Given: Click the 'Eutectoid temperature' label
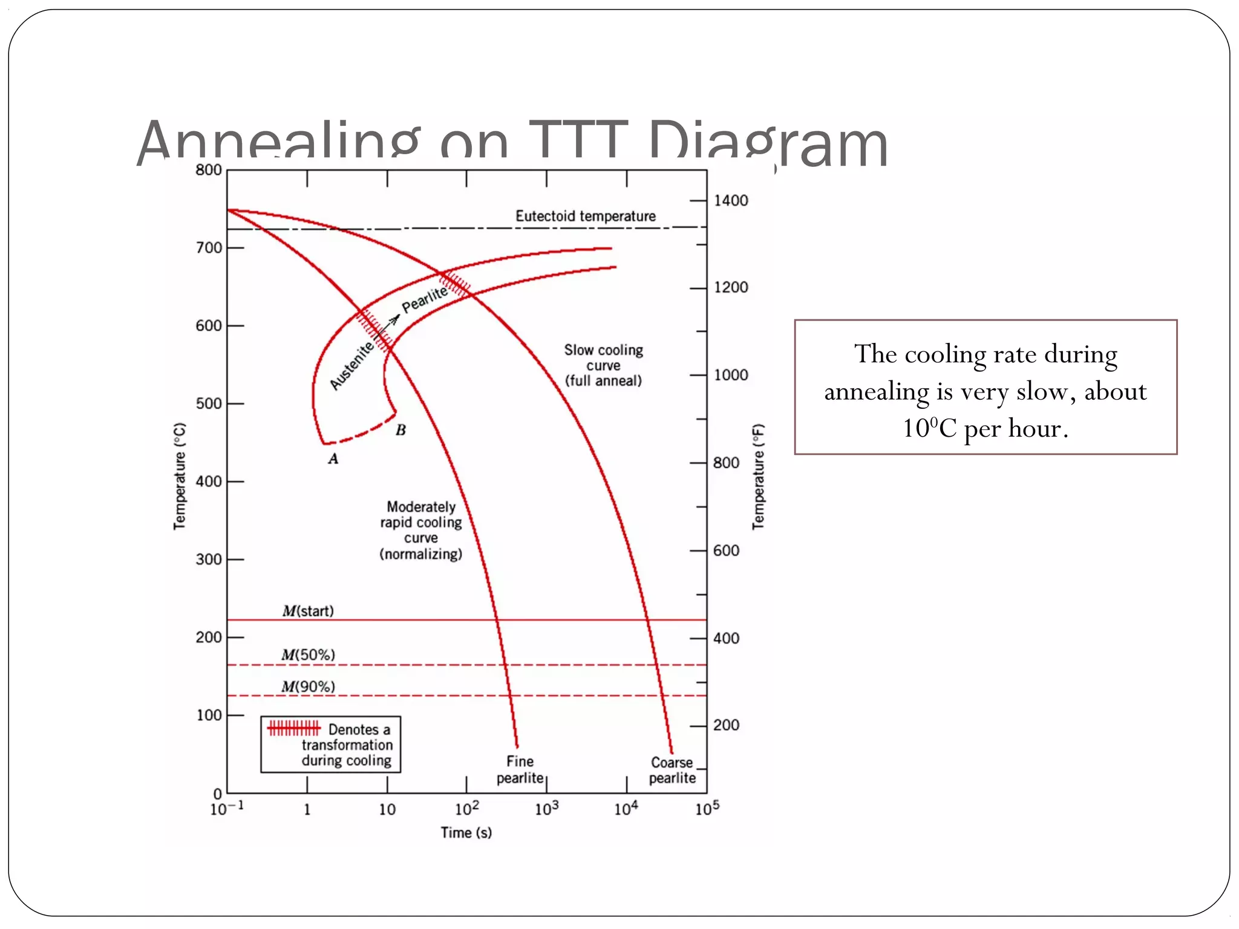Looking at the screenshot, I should tap(585, 216).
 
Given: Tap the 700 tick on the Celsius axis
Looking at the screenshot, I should tap(209, 248).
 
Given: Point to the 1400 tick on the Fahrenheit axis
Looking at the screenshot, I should tap(731, 200).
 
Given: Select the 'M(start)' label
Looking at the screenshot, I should tap(308, 611).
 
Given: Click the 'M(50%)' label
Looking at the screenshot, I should tap(308, 655).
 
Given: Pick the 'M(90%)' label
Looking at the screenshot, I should tap(308, 686).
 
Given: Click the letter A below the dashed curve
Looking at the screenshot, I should tap(333, 459).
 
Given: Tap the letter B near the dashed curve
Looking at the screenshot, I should tap(400, 430).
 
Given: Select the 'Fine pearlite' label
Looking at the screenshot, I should tap(520, 769).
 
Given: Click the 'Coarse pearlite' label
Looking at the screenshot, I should tap(672, 770).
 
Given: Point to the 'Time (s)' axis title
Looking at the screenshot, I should tap(466, 833).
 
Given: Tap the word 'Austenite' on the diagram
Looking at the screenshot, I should tap(351, 365).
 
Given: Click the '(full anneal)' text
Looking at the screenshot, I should tap(603, 381).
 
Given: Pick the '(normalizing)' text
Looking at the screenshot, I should tap(421, 554).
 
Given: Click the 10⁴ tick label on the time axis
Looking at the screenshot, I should tap(626, 809).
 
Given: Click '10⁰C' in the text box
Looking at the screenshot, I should tap(930, 428).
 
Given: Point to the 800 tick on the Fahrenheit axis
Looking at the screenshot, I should tap(726, 463).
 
